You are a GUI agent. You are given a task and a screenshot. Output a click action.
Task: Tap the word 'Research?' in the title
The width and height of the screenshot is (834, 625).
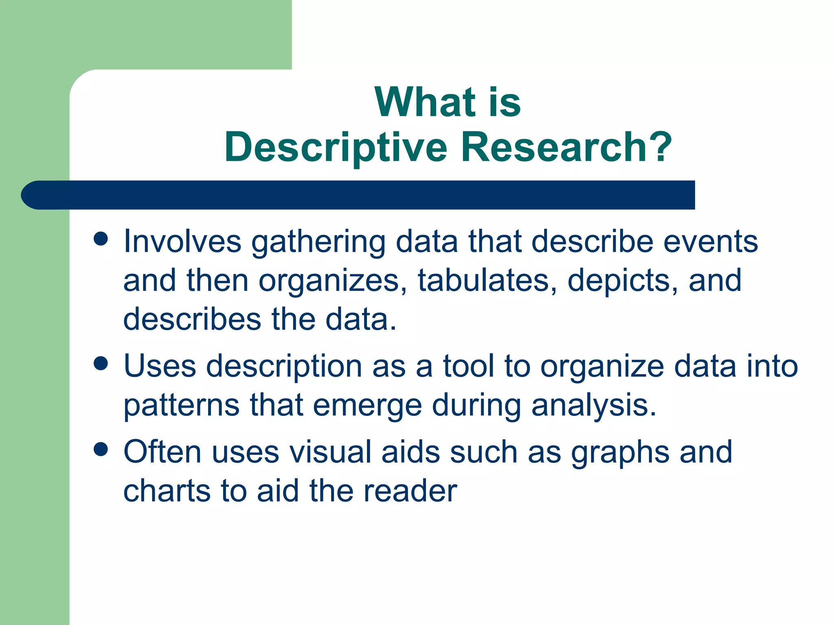(x=566, y=147)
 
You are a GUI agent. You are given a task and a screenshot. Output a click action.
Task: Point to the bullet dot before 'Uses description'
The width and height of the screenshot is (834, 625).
(x=101, y=363)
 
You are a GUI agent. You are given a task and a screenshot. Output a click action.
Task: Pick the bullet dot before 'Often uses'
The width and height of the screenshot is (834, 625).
(x=101, y=449)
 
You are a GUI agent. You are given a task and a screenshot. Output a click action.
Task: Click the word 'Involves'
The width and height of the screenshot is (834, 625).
(x=182, y=241)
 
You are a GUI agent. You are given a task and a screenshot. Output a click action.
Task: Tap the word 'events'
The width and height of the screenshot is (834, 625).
(x=710, y=241)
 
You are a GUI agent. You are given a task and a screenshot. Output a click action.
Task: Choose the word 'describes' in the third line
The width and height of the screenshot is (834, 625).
(x=192, y=319)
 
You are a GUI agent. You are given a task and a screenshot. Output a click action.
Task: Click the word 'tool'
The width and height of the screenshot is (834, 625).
(x=468, y=366)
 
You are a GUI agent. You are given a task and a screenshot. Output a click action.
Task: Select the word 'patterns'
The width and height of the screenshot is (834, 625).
(x=182, y=405)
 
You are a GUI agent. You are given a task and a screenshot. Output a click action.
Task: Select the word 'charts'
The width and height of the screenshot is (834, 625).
(x=167, y=491)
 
